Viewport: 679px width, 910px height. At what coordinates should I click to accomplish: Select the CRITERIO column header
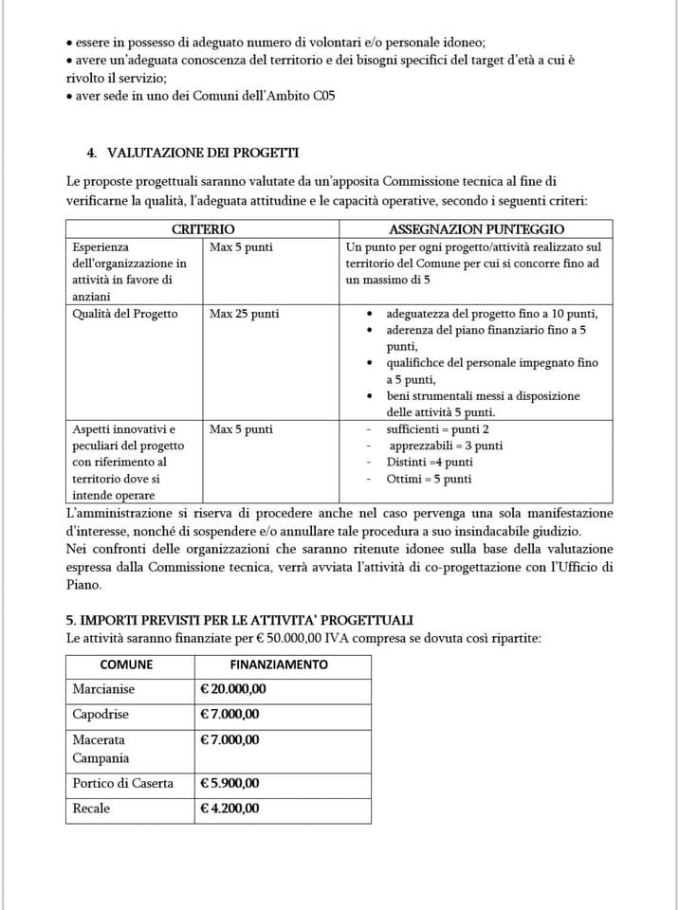(203, 229)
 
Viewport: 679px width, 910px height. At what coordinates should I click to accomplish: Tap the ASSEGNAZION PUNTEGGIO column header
(477, 229)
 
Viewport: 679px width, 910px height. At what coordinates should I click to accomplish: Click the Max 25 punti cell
(245, 314)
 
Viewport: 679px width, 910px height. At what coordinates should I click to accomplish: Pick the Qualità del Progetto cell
(125, 314)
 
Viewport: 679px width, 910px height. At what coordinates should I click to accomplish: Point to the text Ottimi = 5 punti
(429, 480)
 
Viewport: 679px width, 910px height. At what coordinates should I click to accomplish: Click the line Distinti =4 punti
(430, 463)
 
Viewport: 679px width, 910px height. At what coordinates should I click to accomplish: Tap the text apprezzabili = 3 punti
(446, 446)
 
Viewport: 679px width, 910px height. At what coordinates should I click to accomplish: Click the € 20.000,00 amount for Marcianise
(233, 689)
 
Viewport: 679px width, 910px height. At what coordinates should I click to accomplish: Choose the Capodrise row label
(101, 715)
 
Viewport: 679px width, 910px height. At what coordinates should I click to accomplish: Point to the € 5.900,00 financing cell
(229, 783)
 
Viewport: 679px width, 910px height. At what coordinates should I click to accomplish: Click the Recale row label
(91, 809)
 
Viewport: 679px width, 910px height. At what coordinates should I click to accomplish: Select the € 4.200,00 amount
(229, 809)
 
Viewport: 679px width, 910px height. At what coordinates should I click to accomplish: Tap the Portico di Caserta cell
(123, 783)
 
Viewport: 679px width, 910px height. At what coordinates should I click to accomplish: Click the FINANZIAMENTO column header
(279, 664)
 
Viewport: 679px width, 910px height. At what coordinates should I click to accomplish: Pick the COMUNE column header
(126, 664)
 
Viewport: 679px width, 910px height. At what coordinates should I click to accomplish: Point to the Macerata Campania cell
(101, 749)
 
